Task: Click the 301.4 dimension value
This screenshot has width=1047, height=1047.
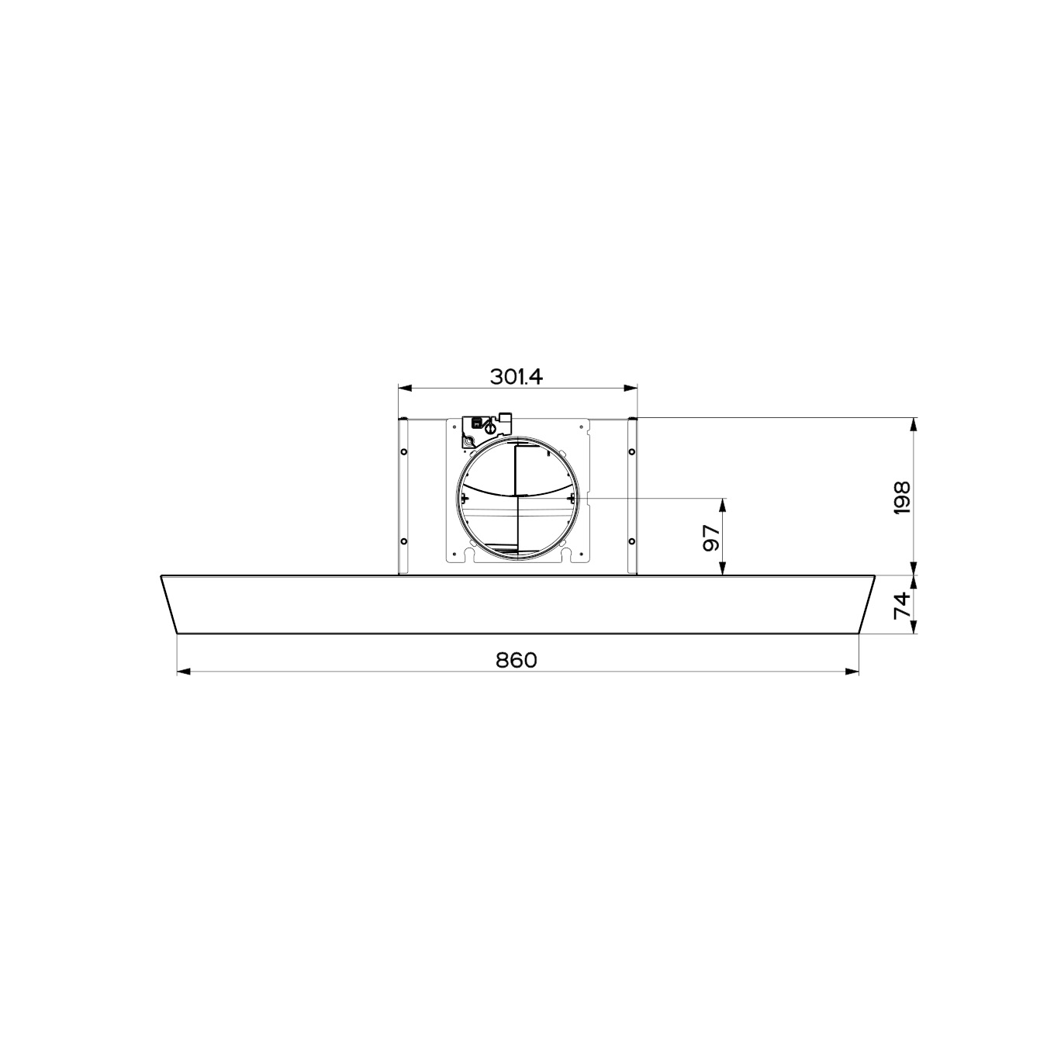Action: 517,376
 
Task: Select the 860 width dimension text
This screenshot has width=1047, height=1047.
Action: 517,659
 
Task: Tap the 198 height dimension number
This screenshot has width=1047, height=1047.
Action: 901,497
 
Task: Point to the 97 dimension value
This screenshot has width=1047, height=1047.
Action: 712,538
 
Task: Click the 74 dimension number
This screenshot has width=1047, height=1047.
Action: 901,604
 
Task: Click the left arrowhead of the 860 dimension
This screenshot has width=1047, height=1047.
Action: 184,672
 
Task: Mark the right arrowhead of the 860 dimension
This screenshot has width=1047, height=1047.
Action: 852,672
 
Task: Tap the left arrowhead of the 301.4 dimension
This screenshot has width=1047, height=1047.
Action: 405,388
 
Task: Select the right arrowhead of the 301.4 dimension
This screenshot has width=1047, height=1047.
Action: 631,388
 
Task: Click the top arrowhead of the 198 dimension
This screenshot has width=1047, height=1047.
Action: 914,424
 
